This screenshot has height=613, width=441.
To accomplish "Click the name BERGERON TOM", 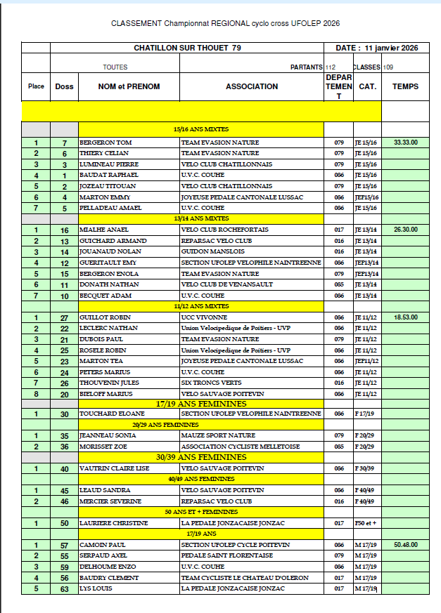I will click(x=106, y=142).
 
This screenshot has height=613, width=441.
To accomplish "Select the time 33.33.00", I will click(x=405, y=142).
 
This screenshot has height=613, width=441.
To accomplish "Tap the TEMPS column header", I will click(x=405, y=86).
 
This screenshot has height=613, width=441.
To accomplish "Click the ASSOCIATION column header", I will click(x=252, y=86).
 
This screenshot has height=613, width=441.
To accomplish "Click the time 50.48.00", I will click(x=405, y=545).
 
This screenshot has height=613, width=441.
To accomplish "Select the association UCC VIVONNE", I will click(x=200, y=317).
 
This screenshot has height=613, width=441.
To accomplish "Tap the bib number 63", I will click(x=64, y=588).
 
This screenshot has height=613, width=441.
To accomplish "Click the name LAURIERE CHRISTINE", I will click(x=113, y=523).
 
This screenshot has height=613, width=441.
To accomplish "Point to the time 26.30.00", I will click(x=405, y=230).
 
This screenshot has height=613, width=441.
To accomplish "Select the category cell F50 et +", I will click(x=366, y=523).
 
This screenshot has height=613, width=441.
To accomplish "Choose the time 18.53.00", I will click(x=405, y=317).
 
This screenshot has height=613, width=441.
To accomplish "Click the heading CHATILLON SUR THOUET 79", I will click(x=187, y=48).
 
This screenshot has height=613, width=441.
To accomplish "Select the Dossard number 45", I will click(x=64, y=490).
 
